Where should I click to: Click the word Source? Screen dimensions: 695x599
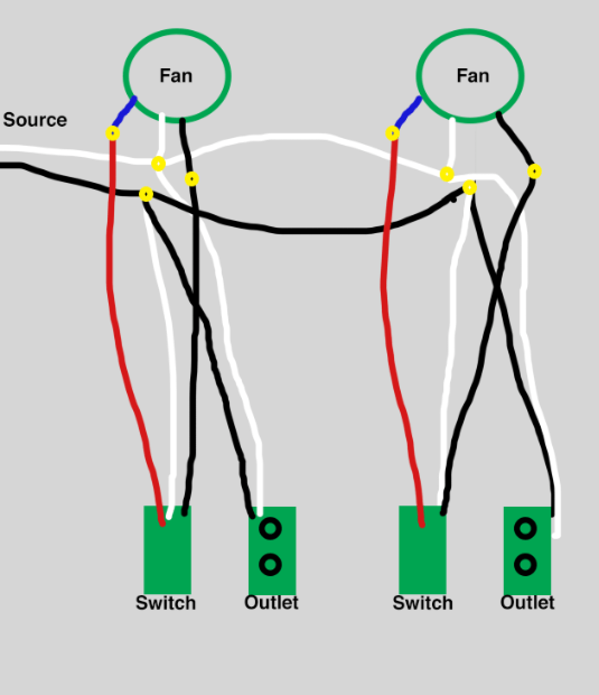(x=35, y=119)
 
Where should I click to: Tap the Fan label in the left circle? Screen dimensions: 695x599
(x=176, y=75)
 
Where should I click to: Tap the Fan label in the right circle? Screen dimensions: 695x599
(x=472, y=75)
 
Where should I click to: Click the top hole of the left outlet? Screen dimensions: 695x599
(x=270, y=528)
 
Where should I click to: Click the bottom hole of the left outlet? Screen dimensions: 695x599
(x=270, y=564)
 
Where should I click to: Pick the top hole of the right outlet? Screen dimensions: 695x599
(x=525, y=528)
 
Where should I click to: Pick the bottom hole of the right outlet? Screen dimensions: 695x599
(x=525, y=564)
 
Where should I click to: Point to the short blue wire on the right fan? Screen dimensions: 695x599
(x=408, y=112)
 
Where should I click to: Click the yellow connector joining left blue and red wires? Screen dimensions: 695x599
(x=113, y=133)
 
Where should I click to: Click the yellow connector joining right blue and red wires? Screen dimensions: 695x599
(x=392, y=133)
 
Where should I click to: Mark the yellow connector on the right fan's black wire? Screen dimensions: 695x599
(x=534, y=171)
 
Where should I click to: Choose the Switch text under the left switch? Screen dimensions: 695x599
(x=166, y=603)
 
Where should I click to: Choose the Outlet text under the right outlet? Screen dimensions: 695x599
(x=527, y=603)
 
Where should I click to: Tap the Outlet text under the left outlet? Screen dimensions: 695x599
(x=272, y=603)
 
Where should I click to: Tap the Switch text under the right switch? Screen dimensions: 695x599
(x=423, y=603)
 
